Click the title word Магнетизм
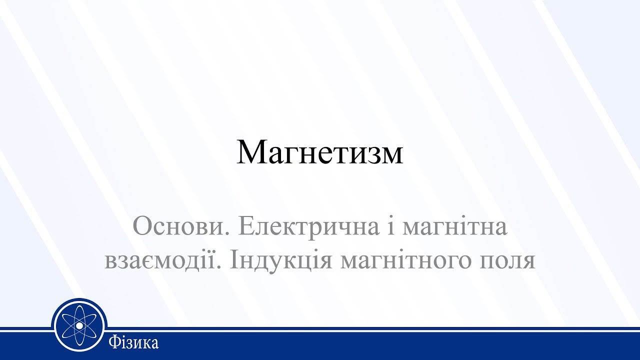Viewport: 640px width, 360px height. [319, 152]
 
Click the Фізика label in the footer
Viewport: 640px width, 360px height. [133, 343]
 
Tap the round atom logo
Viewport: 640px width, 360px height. [80, 325]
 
